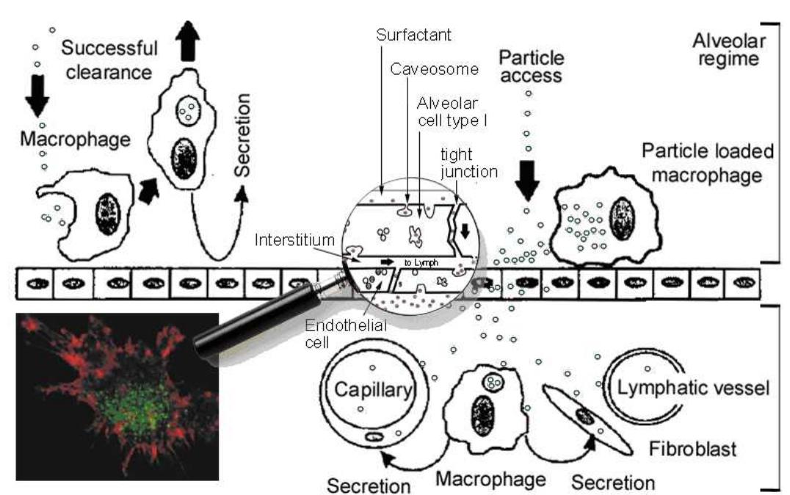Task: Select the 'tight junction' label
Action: [x=470, y=163]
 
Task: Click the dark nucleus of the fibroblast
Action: [x=584, y=416]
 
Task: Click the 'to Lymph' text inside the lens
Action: [x=416, y=261]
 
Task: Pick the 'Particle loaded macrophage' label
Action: [x=707, y=162]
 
